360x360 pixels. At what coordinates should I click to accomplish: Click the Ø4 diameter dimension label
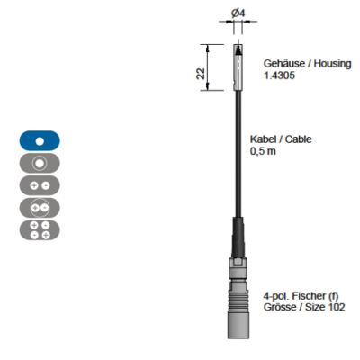coord(238,13)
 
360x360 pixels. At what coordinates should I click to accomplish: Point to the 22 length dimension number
coord(201,74)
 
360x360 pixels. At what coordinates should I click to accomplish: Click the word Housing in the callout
coord(332,64)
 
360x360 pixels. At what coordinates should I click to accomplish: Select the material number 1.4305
coord(279,76)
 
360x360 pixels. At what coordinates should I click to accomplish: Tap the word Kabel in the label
coord(263,139)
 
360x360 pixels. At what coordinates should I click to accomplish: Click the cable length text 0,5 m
coord(263,151)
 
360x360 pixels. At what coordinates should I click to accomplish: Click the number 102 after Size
coord(336,307)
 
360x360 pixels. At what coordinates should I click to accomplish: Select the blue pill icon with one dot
coord(40,140)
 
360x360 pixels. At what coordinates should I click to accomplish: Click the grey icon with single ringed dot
coord(40,163)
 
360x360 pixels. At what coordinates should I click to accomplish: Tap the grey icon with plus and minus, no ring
coord(40,185)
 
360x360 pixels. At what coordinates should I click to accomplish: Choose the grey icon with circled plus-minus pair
coord(40,208)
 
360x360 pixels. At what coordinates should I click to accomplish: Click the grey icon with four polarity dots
coord(40,230)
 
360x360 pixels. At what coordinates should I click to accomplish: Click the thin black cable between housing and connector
coord(238,154)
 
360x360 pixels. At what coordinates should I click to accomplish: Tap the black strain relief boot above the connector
coord(238,237)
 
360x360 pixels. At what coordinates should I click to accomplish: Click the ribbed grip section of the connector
coord(238,298)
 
